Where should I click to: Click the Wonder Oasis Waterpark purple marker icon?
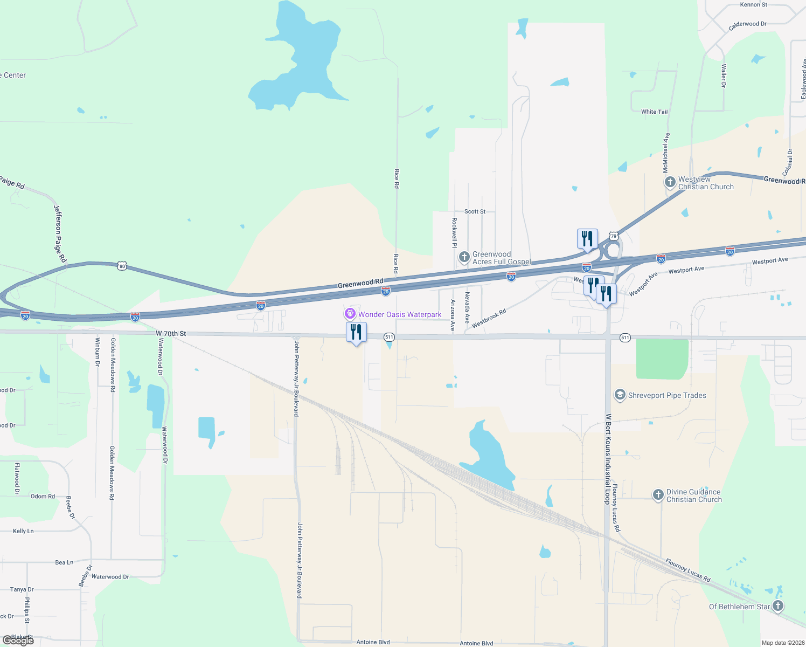point(350,314)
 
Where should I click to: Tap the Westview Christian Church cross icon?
point(670,182)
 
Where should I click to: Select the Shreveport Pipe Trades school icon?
point(620,395)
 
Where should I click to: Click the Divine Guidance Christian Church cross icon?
point(658,495)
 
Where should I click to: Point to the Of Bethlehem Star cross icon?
point(777,606)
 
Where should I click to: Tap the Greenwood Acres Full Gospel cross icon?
point(464,257)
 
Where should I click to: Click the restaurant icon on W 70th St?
point(356,332)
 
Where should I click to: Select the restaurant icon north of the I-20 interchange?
point(587,238)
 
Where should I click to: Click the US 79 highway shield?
point(614,236)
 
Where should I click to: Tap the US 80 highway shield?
point(122,266)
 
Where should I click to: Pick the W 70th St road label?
point(171,334)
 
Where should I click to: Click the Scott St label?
point(475,211)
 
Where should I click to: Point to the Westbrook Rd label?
point(489,319)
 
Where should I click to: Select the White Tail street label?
point(654,112)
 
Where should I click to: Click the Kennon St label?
point(753,5)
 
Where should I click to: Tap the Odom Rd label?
point(43,497)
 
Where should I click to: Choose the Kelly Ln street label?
point(23,531)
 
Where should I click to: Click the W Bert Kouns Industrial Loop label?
point(608,458)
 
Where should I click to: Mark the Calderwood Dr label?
point(747,24)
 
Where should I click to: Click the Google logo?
point(18,640)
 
